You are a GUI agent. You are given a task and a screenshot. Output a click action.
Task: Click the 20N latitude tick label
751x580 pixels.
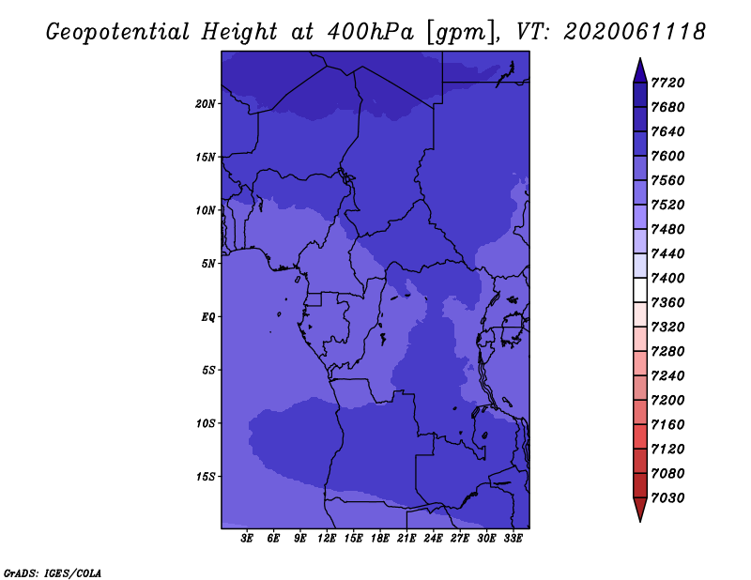[205, 104]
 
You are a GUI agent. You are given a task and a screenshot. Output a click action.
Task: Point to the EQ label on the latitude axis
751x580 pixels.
[207, 317]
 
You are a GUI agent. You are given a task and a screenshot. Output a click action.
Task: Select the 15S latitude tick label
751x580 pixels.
[205, 477]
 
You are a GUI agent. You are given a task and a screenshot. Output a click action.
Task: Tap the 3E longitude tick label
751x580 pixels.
[247, 538]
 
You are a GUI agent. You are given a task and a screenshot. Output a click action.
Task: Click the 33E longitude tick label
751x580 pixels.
[513, 538]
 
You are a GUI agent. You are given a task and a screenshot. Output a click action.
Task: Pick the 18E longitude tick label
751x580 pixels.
[380, 538]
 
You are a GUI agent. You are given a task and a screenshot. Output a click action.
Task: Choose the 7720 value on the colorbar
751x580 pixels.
[667, 83]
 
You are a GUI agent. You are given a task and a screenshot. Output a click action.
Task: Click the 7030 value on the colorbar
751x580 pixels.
[667, 497]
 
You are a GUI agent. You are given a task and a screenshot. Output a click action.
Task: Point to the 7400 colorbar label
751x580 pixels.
[667, 278]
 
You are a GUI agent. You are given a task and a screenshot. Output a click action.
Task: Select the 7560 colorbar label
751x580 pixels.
[667, 180]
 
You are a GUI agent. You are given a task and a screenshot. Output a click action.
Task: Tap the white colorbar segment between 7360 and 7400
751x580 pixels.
[640, 290]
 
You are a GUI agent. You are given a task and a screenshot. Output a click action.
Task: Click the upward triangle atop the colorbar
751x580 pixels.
[640, 71]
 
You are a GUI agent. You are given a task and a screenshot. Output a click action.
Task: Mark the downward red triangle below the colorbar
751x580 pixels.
[640, 510]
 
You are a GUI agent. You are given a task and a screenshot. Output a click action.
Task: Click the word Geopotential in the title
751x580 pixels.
[118, 32]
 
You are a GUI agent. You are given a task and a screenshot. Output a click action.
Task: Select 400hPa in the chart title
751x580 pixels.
[370, 32]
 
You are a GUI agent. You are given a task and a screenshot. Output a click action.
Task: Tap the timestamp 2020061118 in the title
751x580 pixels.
[635, 32]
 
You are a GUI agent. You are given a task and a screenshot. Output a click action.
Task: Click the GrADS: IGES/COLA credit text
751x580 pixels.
[53, 573]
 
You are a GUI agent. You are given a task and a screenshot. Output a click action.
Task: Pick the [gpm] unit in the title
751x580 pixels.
[462, 33]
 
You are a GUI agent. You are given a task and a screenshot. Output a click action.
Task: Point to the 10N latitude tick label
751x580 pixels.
[205, 210]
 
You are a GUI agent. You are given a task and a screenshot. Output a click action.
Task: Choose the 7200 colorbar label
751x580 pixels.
[667, 400]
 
